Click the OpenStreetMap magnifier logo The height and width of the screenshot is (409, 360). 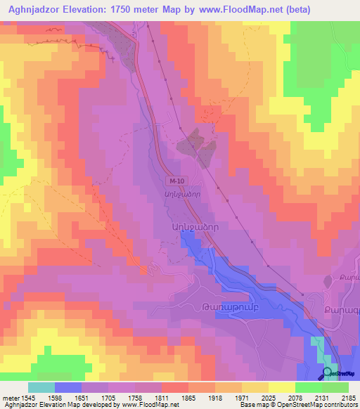(327, 373)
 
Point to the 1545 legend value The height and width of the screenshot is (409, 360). (27, 397)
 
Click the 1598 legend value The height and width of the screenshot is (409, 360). (53, 397)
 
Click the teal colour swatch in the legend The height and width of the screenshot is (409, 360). (41, 387)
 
